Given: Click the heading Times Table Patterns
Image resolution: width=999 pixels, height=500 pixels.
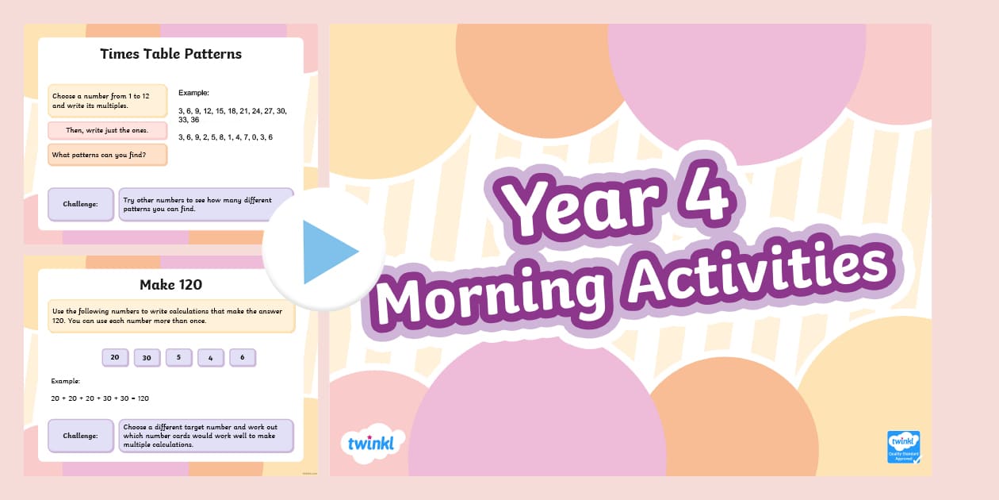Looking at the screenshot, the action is (x=170, y=54).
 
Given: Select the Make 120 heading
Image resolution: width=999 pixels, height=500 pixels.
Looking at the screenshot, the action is (x=170, y=284).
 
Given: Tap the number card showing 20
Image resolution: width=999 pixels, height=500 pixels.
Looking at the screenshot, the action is (x=115, y=358).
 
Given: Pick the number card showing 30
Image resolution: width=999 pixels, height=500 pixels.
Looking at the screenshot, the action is (x=147, y=358).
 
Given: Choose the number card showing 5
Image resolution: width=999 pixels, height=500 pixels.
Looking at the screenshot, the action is (x=179, y=358).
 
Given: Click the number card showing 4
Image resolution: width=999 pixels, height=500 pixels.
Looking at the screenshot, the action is (x=211, y=358).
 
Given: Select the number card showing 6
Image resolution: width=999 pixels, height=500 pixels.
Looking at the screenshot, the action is (x=243, y=358).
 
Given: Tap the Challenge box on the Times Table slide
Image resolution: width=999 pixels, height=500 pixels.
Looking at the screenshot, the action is (x=81, y=204).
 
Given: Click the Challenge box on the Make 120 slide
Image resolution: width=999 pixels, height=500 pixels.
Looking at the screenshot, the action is (x=81, y=436).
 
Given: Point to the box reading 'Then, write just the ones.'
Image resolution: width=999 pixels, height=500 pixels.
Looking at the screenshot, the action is (x=108, y=130).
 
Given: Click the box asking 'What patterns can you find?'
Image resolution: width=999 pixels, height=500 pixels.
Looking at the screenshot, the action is (x=108, y=155).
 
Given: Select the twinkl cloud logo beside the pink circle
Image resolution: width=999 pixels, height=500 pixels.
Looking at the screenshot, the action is (x=372, y=443).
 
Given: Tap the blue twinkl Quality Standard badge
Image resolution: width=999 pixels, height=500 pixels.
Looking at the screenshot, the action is (x=904, y=447).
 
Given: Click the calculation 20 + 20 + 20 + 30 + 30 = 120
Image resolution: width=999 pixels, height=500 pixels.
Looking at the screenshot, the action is (x=100, y=398).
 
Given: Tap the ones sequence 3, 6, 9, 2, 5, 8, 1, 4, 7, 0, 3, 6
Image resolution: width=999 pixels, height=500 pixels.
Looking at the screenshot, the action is (x=226, y=137).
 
